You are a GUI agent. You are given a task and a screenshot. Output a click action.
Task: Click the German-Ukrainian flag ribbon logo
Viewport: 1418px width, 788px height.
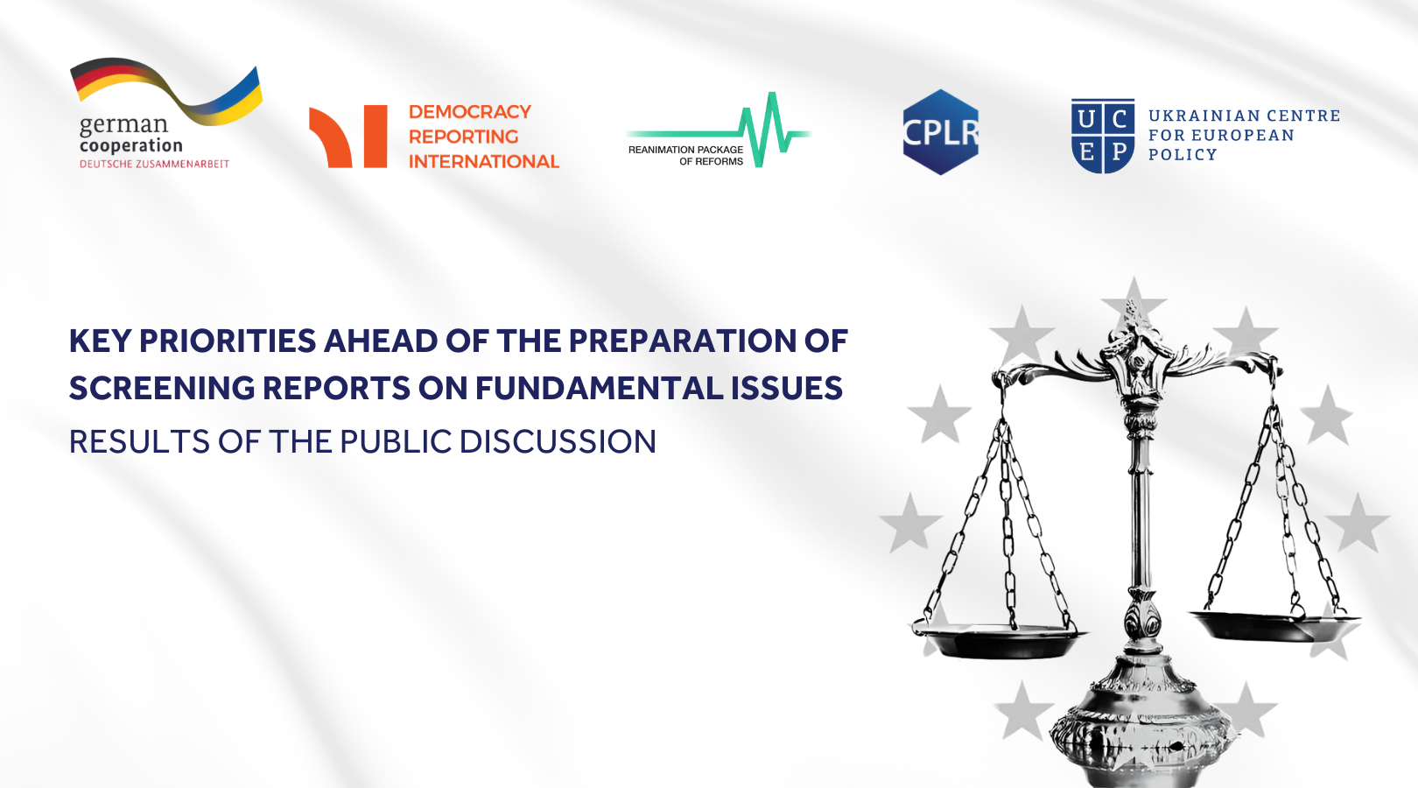tap(165, 92)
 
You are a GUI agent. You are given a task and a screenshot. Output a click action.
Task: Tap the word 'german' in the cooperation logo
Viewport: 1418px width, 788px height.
tap(124, 125)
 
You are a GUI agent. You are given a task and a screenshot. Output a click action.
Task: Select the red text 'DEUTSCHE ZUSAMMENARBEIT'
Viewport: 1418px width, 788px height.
tap(154, 164)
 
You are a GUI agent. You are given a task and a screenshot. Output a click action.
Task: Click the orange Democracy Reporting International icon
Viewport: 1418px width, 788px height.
tap(347, 137)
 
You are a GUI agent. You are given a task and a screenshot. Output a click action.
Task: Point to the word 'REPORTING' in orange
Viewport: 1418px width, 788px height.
tap(463, 137)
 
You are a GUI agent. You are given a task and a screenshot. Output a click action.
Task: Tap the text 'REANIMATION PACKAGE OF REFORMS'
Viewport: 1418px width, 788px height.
tap(685, 155)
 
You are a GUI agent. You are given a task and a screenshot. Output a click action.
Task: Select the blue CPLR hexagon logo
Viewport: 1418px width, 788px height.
tap(941, 131)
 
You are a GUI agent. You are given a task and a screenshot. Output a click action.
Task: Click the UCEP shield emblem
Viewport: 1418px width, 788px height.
tap(1103, 136)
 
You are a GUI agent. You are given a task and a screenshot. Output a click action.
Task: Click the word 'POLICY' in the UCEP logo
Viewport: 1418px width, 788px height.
tap(1183, 155)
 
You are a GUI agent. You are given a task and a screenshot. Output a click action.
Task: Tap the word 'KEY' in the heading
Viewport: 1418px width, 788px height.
tap(100, 341)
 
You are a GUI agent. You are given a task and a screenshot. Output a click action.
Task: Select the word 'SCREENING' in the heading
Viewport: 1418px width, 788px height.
tap(162, 388)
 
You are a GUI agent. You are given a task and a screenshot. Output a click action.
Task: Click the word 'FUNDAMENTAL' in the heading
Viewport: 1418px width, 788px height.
tap(600, 388)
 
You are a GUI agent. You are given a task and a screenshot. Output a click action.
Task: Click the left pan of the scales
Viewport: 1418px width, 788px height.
tap(998, 641)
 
